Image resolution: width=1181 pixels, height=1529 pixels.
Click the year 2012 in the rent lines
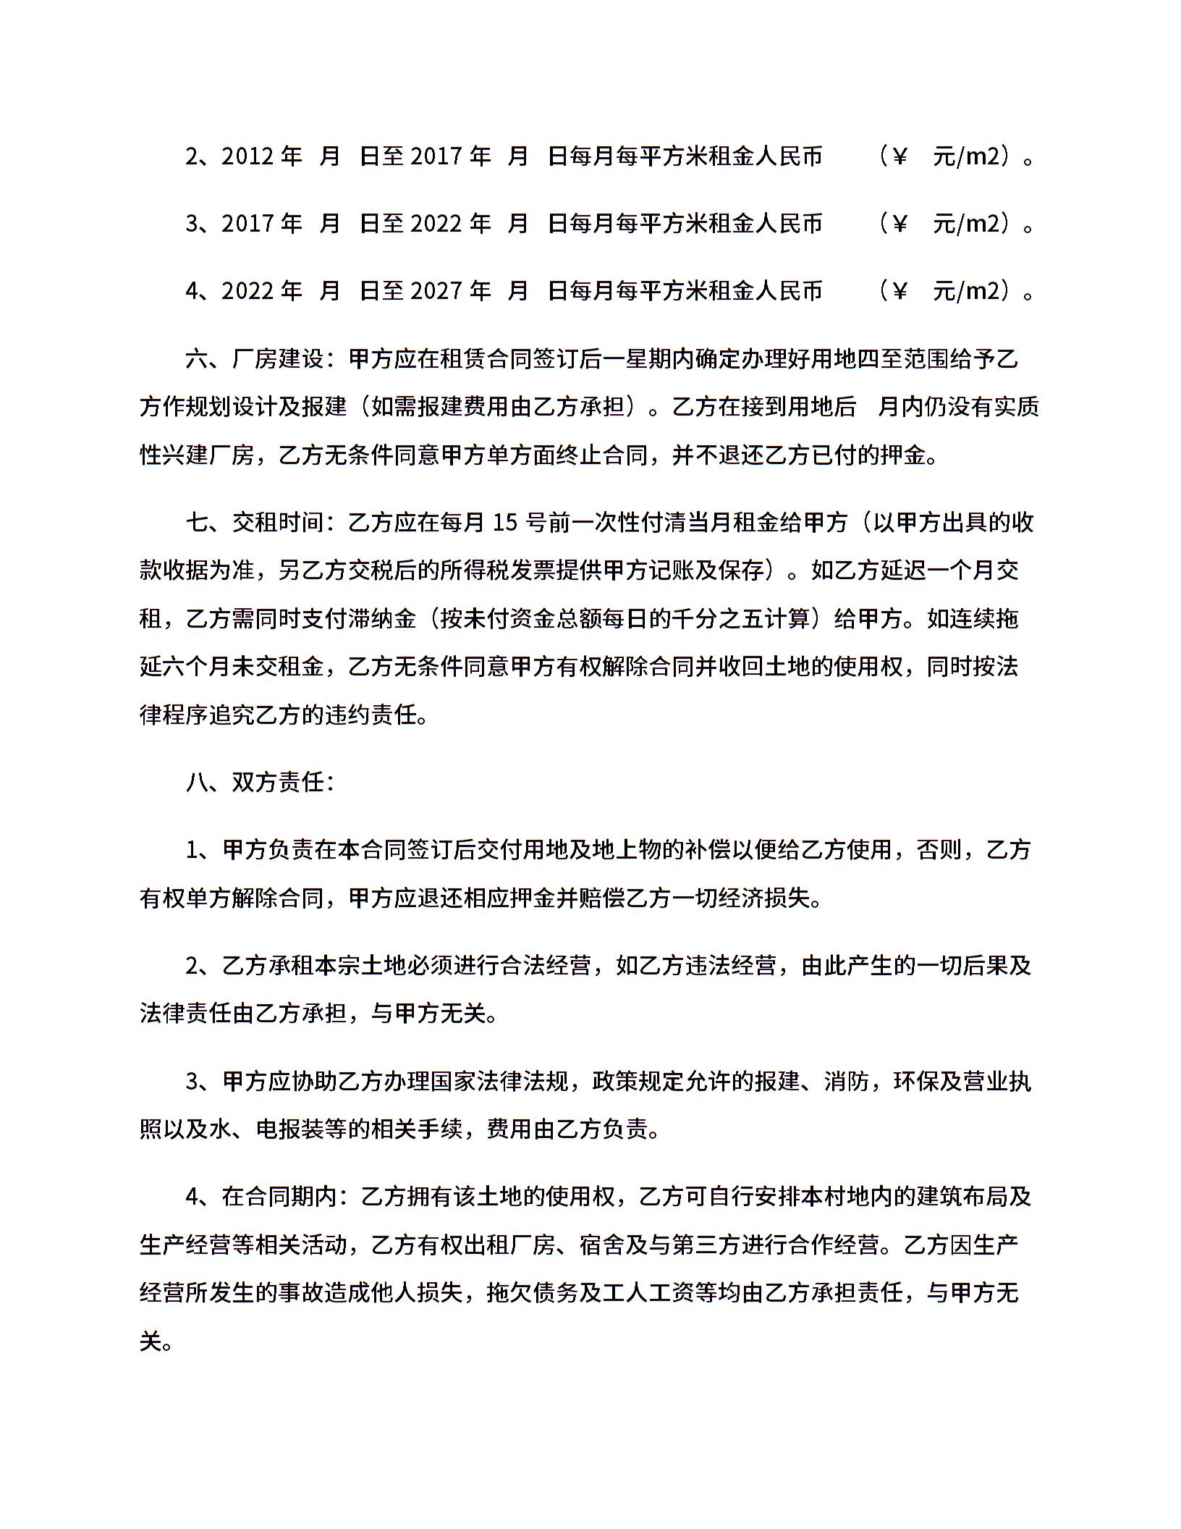[x=245, y=156]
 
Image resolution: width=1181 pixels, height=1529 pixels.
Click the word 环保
[x=916, y=1081]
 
